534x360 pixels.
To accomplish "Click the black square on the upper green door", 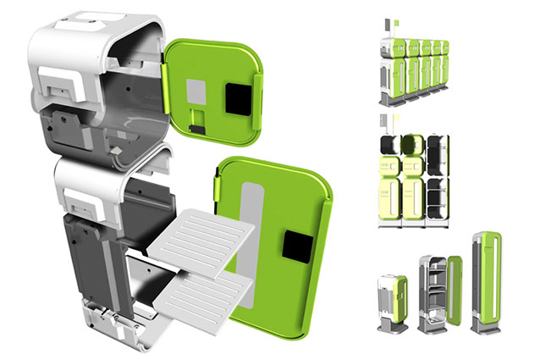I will tap(234, 99).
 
